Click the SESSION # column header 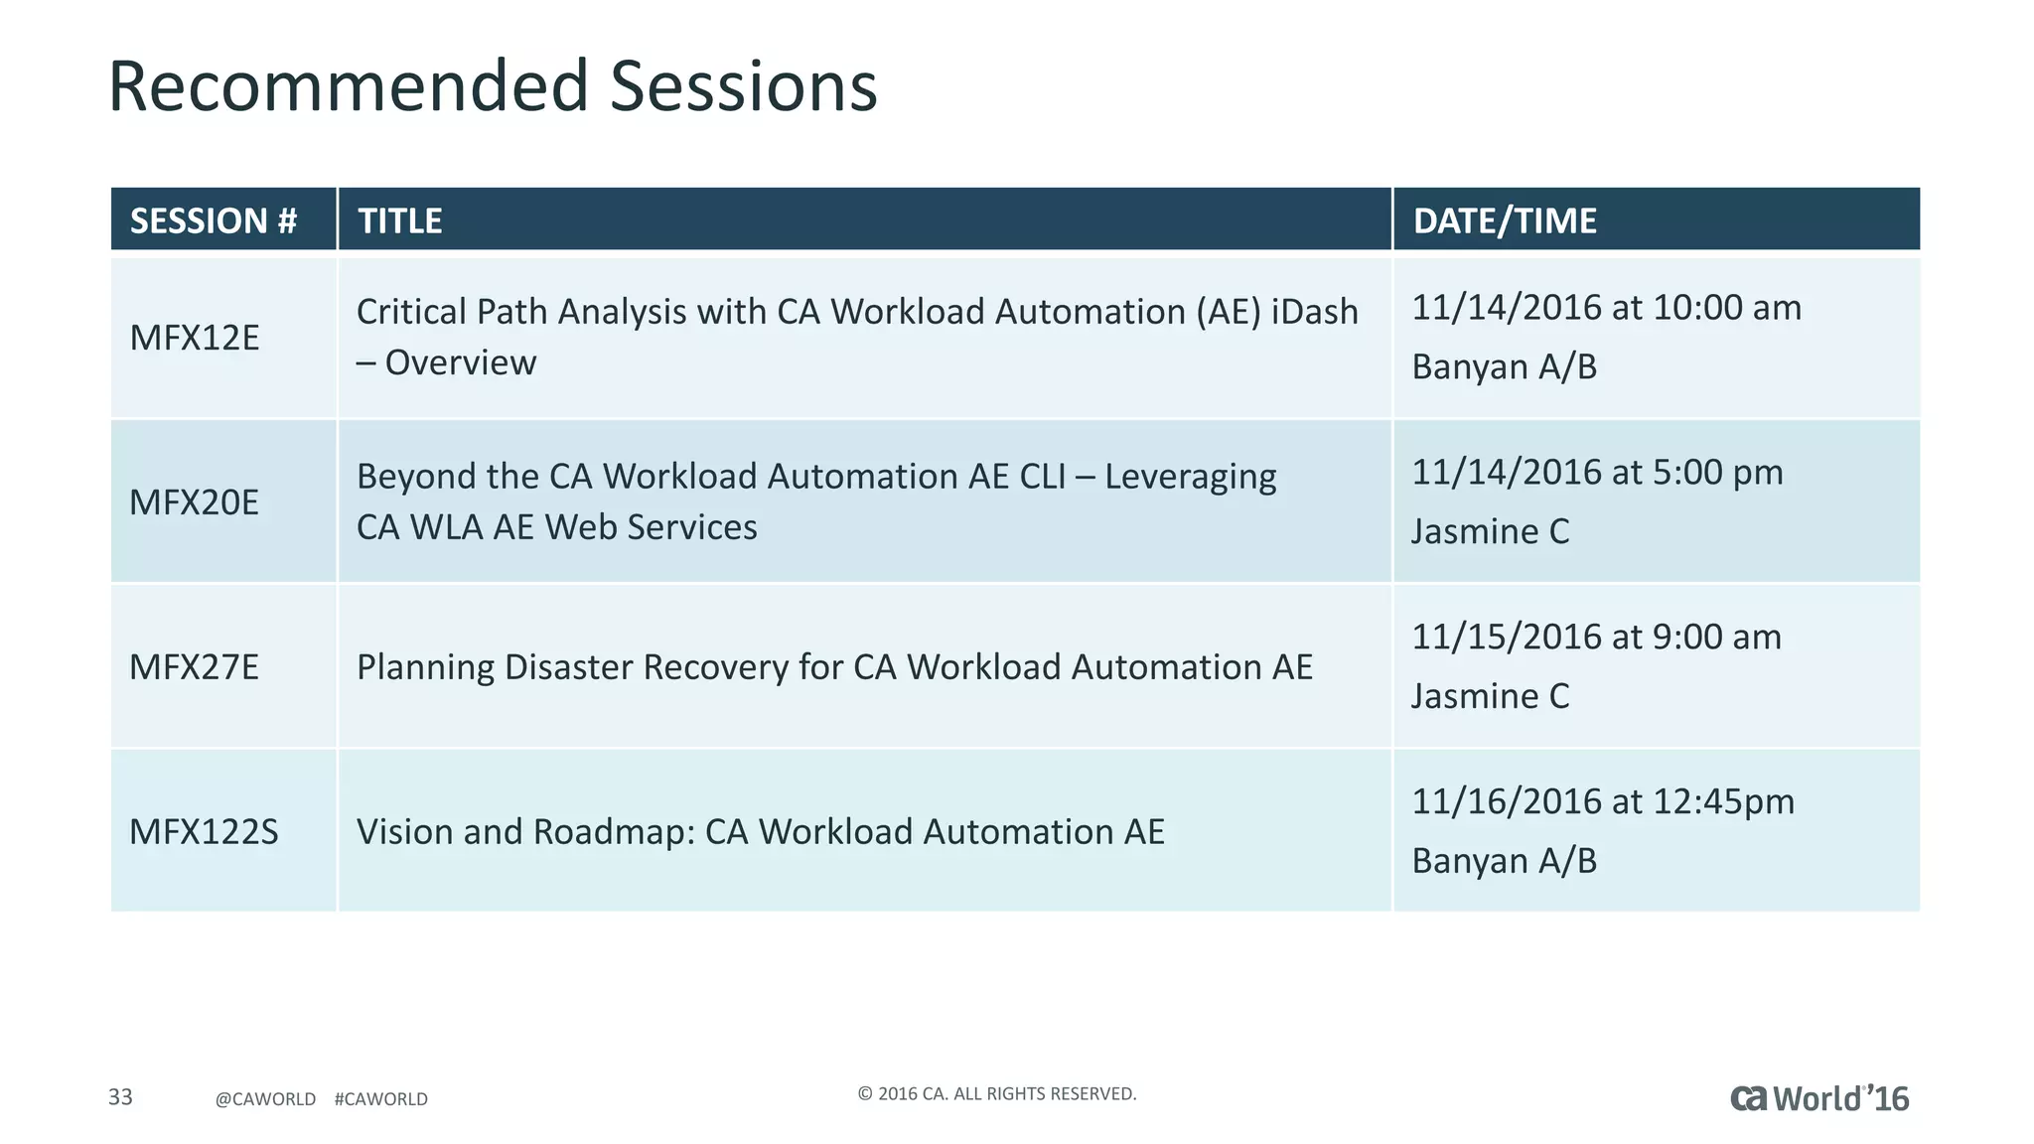pyautogui.click(x=214, y=220)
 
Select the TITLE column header pyautogui.click(x=400, y=220)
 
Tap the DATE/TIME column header pyautogui.click(x=1505, y=220)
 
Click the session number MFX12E pyautogui.click(x=195, y=338)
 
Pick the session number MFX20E pyautogui.click(x=195, y=502)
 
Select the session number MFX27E pyautogui.click(x=195, y=666)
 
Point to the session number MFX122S pyautogui.click(x=204, y=831)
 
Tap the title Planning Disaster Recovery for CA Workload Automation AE pyautogui.click(x=834, y=666)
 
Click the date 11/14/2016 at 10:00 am pyautogui.click(x=1606, y=308)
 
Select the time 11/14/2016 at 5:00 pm pyautogui.click(x=1597, y=473)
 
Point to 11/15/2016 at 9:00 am pyautogui.click(x=1596, y=637)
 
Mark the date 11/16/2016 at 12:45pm pyautogui.click(x=1603, y=801)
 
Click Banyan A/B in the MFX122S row pyautogui.click(x=1504, y=861)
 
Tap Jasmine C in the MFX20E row pyautogui.click(x=1490, y=531)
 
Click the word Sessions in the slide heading pyautogui.click(x=743, y=86)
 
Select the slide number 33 pyautogui.click(x=120, y=1097)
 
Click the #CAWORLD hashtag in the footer pyautogui.click(x=381, y=1099)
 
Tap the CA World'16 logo pyautogui.click(x=1819, y=1098)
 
